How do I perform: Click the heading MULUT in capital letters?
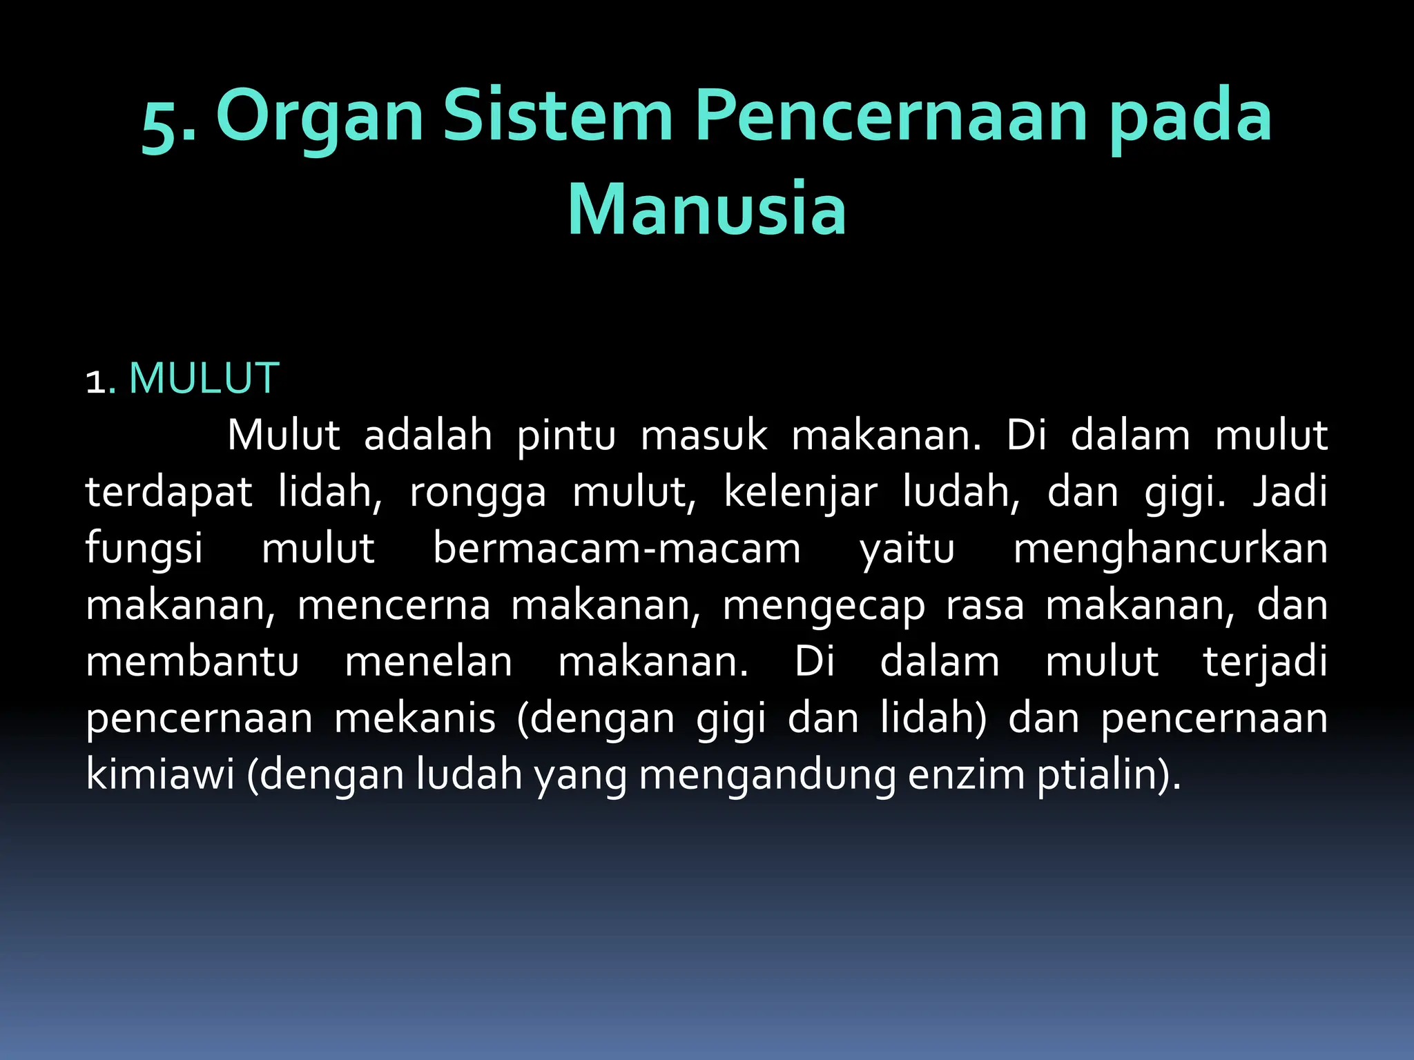click(x=204, y=379)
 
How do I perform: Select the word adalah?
click(x=428, y=436)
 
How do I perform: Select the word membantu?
click(x=192, y=662)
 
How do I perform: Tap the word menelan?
click(x=428, y=662)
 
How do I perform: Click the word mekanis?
click(x=415, y=719)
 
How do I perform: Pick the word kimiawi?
click(x=160, y=775)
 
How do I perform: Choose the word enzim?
click(x=966, y=775)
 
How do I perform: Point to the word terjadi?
click(x=1265, y=662)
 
